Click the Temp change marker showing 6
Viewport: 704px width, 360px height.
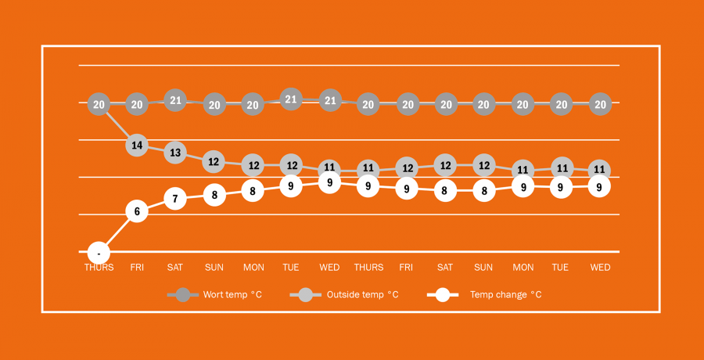[x=137, y=211]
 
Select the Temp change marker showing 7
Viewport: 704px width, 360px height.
[x=175, y=199]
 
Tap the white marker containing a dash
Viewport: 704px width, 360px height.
[x=99, y=253]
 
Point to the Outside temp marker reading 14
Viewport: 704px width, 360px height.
[x=137, y=145]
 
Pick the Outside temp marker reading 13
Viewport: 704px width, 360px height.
[x=175, y=153]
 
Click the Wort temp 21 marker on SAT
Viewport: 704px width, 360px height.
[x=175, y=100]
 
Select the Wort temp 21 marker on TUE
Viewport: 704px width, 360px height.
[x=291, y=99]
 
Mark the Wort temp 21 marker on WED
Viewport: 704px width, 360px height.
[x=330, y=100]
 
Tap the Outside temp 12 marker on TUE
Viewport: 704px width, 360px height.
[x=291, y=165]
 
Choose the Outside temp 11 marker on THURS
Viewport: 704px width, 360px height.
[x=368, y=168]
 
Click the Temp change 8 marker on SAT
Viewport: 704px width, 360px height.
[x=445, y=190]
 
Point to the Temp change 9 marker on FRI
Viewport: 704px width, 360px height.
[x=407, y=189]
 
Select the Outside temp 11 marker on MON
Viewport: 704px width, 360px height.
[x=523, y=170]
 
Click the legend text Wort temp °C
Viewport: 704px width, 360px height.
[x=232, y=295]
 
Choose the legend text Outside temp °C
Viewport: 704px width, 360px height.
[x=362, y=295]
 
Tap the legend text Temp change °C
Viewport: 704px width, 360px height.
[x=505, y=295]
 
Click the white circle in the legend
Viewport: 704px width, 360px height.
[x=443, y=295]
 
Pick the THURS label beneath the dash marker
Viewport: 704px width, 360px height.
[x=99, y=268]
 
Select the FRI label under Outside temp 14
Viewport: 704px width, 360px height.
[x=137, y=268]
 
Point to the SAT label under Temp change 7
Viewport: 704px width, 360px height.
[x=175, y=268]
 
